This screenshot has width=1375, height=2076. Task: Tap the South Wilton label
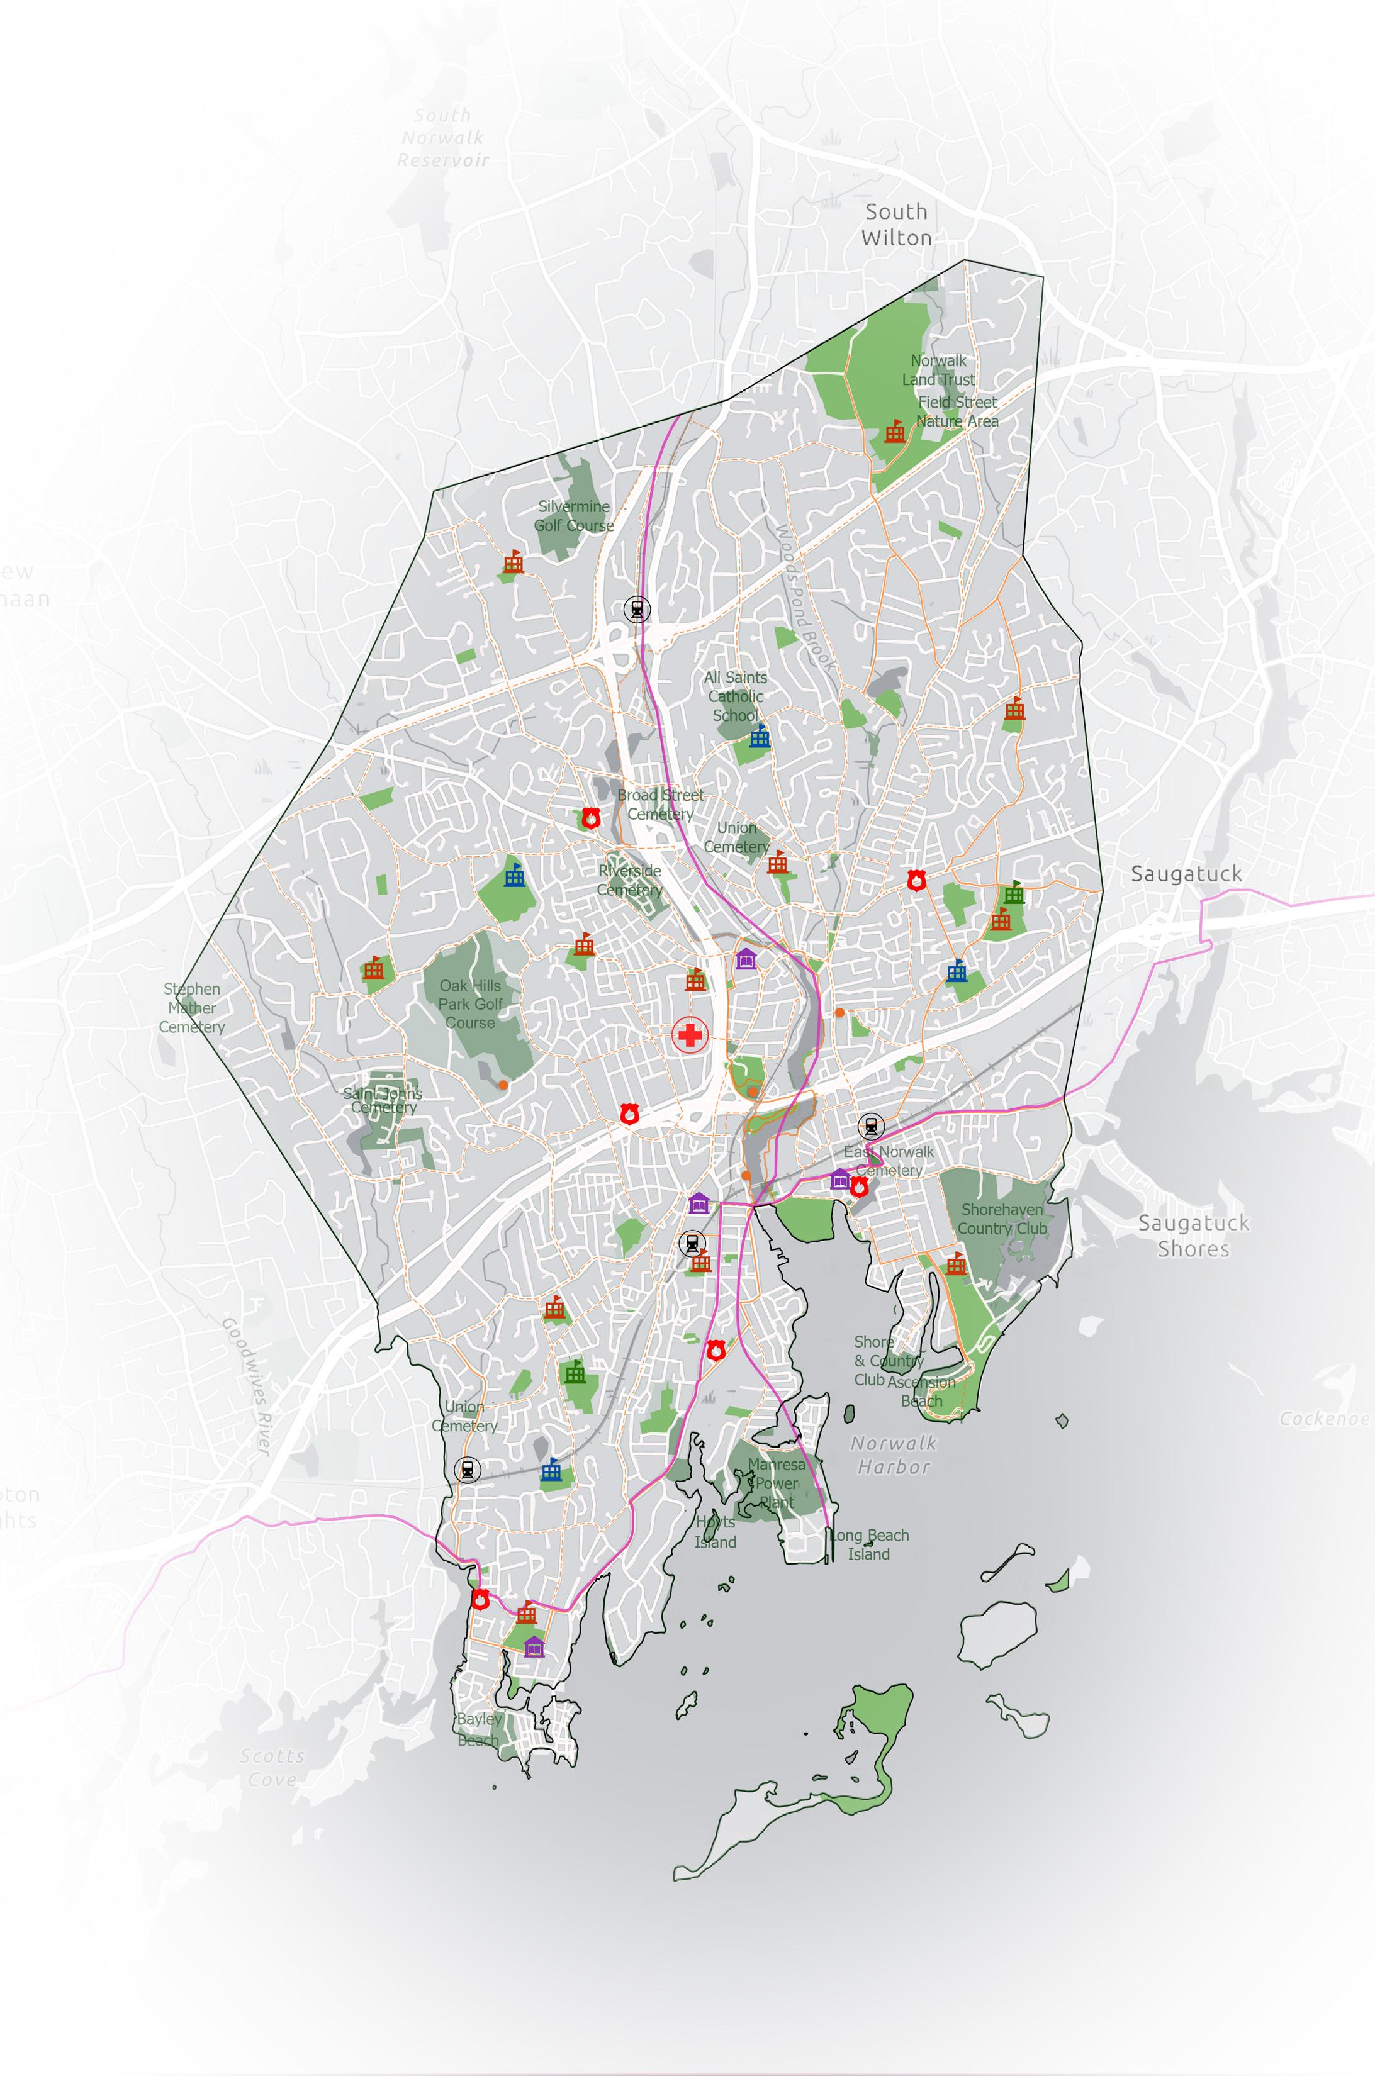[x=896, y=225]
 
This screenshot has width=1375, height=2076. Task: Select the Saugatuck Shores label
[x=1194, y=1236]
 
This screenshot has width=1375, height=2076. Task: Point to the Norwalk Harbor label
[x=894, y=1454]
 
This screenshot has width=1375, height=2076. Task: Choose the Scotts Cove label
[x=272, y=1767]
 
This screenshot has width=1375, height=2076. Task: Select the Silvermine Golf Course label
[x=575, y=515]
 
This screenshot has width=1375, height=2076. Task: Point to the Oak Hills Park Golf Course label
[x=471, y=1004]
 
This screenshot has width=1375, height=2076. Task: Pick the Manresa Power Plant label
[x=776, y=1483]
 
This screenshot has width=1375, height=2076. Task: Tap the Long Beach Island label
[x=868, y=1544]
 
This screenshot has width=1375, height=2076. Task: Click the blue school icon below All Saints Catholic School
[x=760, y=737]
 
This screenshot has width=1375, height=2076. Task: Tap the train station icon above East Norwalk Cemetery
[x=871, y=1125]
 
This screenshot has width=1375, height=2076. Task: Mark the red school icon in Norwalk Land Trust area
[x=894, y=430]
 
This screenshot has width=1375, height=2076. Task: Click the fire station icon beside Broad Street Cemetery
[x=590, y=818]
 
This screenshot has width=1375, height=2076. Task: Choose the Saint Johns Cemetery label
[x=383, y=1100]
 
